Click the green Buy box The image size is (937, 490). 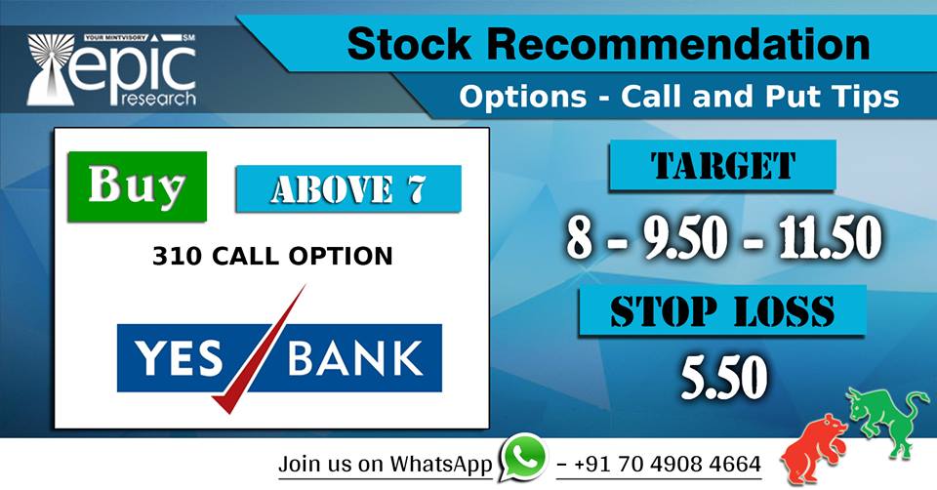[137, 185]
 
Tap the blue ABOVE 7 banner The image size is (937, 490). [347, 189]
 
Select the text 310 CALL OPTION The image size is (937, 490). [272, 257]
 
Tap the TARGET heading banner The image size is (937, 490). [722, 165]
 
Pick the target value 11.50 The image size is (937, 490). [831, 237]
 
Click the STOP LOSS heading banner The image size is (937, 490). [722, 311]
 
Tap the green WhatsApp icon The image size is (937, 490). [524, 459]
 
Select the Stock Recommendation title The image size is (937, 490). [607, 44]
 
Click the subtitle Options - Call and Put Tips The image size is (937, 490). [678, 98]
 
